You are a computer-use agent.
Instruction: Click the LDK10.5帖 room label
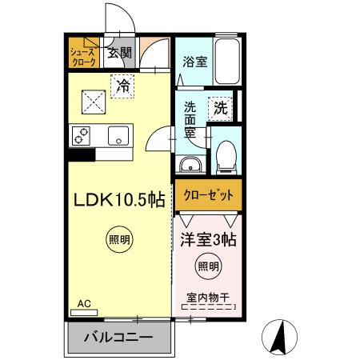[120, 199]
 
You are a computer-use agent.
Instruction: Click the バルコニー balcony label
[119, 338]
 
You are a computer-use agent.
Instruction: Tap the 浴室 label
[194, 60]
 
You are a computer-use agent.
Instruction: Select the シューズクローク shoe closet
[82, 56]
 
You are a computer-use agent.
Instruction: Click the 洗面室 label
[192, 119]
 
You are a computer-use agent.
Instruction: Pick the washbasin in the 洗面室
[191, 164]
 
